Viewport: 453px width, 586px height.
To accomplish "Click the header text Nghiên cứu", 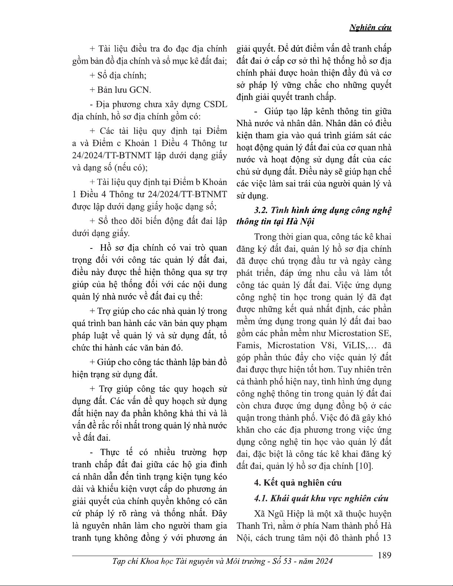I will click(x=370, y=27).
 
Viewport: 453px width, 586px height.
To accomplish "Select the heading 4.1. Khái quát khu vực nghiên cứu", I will click(x=321, y=498).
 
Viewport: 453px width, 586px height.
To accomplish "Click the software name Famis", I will click(x=249, y=346).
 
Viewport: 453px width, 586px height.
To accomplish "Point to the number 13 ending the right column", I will click(x=386, y=538).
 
